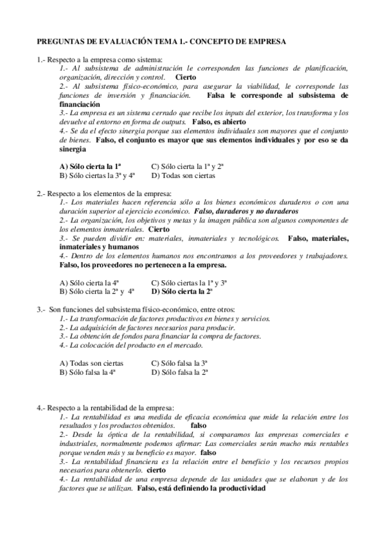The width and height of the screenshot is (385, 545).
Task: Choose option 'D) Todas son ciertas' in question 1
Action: pos(183,175)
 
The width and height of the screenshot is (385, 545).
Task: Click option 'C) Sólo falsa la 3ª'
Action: pos(179,362)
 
